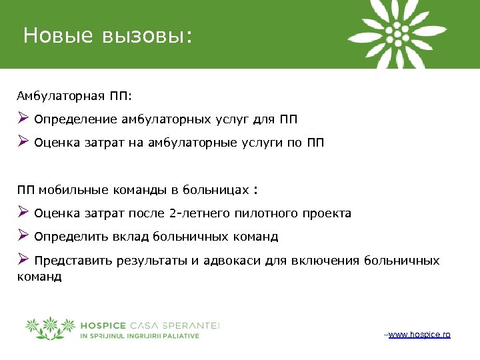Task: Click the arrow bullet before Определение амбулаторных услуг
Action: [x=23, y=119]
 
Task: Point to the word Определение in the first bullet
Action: [x=76, y=120]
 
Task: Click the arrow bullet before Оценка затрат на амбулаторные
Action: [x=23, y=141]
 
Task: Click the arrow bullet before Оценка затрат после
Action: [x=23, y=213]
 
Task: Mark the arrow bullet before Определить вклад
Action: [x=23, y=235]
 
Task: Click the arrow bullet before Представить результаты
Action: [x=23, y=259]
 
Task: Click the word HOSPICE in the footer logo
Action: [x=103, y=325]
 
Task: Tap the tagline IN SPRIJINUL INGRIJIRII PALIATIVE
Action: [x=139, y=336]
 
